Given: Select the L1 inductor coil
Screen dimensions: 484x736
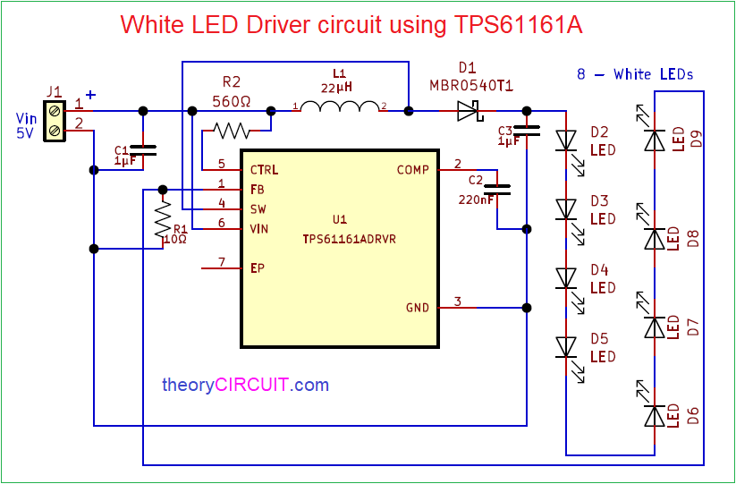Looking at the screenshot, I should [340, 108].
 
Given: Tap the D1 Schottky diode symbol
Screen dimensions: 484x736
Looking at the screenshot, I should [468, 111].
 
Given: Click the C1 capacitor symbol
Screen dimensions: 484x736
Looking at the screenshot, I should [143, 150].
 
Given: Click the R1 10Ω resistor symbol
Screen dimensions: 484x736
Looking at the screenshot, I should [162, 218].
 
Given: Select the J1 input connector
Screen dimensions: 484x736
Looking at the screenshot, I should [55, 120].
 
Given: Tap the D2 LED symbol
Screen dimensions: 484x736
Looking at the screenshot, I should [565, 140].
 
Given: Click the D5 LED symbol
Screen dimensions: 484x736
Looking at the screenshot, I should [565, 346].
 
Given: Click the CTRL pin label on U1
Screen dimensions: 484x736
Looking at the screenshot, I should [265, 169].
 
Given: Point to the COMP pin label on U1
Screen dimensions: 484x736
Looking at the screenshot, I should [413, 169].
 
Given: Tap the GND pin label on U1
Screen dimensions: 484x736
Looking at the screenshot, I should [417, 307].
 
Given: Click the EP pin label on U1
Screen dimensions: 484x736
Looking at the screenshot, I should [258, 267].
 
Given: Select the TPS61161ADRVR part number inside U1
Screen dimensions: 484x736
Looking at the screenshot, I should [340, 240].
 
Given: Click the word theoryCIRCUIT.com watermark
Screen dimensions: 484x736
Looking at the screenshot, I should [245, 386].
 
